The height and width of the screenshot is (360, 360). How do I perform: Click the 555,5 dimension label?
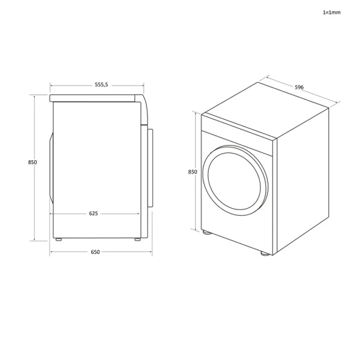click(x=101, y=85)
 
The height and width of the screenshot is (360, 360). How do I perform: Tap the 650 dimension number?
click(x=95, y=252)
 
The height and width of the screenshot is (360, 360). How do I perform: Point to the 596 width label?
click(x=299, y=88)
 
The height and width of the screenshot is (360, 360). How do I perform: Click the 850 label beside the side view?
click(x=32, y=163)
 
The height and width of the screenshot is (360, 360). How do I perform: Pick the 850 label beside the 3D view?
click(x=193, y=172)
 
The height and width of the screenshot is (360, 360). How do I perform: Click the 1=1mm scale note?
click(x=332, y=12)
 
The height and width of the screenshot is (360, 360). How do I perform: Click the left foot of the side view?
click(x=59, y=240)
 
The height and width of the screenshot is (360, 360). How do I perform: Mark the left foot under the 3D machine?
click(x=206, y=232)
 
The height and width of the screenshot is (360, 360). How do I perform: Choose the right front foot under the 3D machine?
click(x=265, y=253)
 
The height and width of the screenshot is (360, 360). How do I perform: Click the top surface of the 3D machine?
click(x=266, y=110)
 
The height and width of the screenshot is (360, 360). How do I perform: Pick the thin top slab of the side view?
click(x=96, y=97)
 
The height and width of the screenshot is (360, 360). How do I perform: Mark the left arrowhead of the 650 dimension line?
click(x=52, y=252)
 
